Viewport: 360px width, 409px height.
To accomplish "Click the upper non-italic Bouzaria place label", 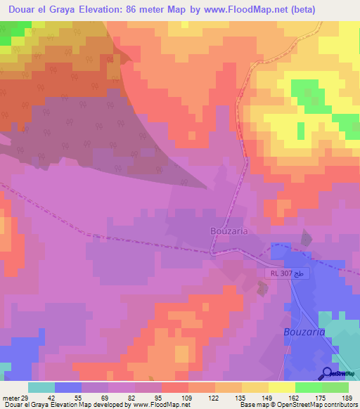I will (x=231, y=231).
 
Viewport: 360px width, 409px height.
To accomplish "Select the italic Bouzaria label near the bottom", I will (x=304, y=332).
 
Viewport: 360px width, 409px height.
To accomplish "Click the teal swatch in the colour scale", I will (x=41, y=388).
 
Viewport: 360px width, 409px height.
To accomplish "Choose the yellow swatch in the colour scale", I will (x=282, y=388).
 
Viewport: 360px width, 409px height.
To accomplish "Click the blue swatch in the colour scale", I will (x=68, y=388).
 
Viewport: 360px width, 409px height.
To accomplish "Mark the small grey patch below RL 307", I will (x=262, y=287).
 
